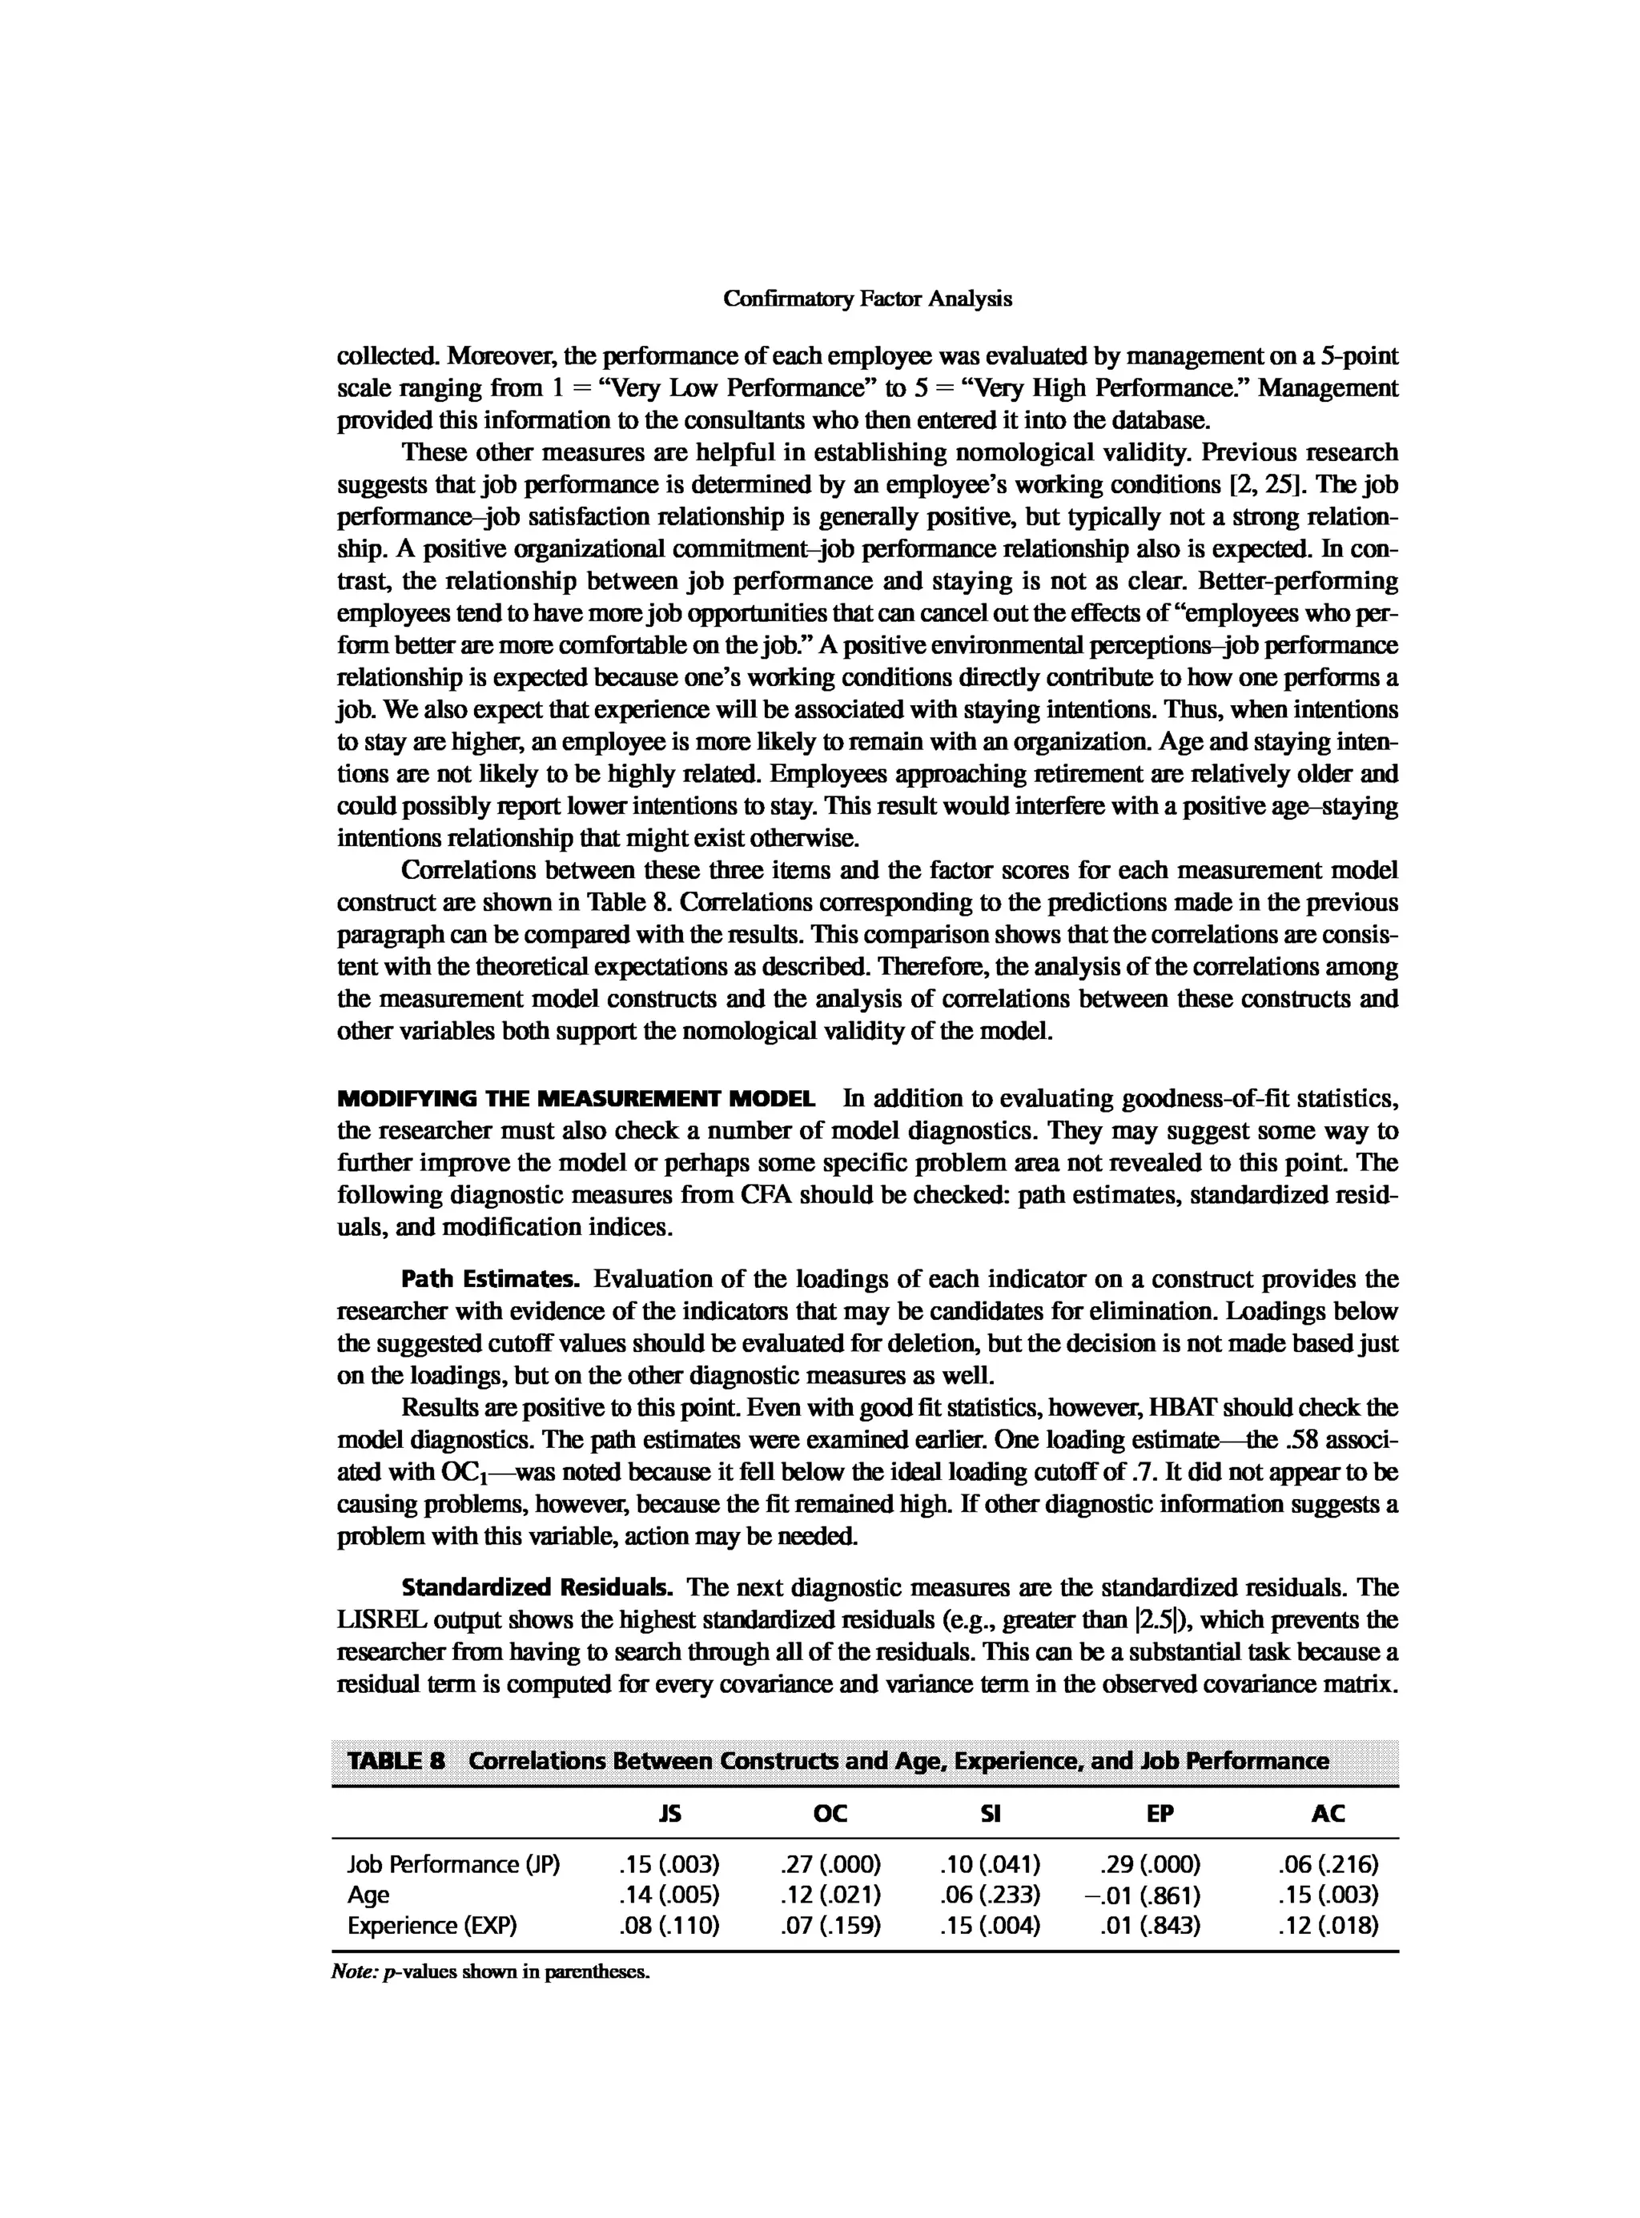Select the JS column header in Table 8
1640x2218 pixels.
[670, 1813]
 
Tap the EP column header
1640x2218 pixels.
[1160, 1813]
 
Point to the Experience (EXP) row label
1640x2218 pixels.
[432, 1925]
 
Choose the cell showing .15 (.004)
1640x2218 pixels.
[990, 1925]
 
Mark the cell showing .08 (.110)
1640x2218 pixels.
[669, 1925]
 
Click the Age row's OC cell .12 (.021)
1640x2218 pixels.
[831, 1895]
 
